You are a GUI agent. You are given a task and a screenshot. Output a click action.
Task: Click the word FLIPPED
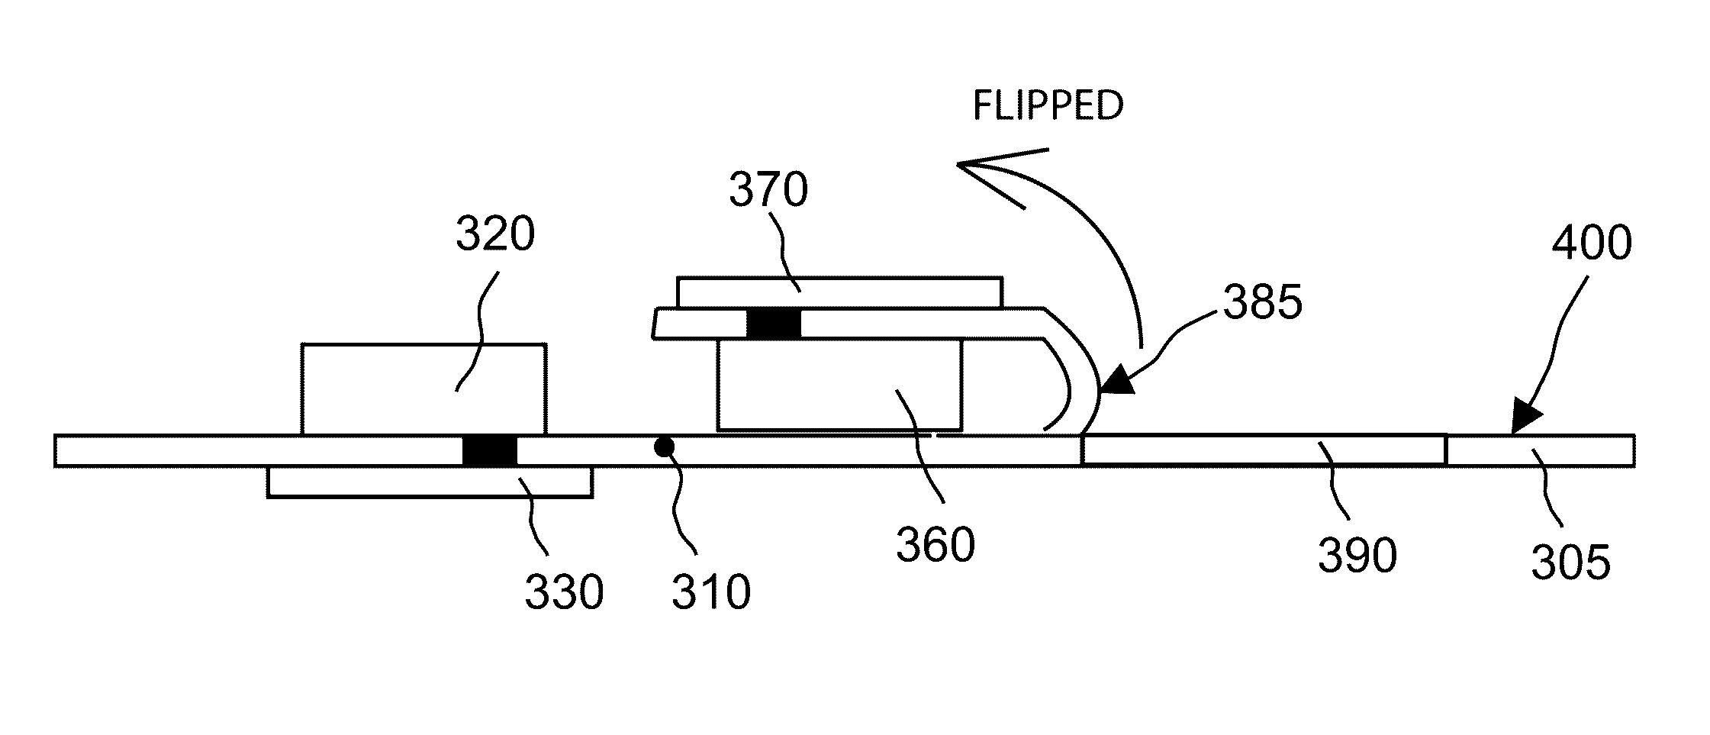1047,106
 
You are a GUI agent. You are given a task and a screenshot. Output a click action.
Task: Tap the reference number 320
495,234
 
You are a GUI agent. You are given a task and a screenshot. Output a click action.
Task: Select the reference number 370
768,190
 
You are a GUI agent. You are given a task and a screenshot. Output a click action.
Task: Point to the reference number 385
1263,304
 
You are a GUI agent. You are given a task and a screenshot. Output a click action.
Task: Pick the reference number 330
564,592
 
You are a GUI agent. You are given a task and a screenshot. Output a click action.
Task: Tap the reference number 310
711,592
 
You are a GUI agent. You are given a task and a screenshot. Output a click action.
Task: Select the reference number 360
936,546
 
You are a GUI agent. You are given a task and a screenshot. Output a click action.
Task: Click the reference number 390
1357,555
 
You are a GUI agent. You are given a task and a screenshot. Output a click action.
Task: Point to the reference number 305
1570,564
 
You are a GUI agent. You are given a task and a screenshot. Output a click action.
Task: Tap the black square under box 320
490,450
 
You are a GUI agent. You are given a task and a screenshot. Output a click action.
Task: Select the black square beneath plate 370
774,324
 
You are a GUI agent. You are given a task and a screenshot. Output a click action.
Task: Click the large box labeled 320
423,389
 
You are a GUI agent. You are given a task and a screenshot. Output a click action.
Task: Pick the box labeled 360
839,385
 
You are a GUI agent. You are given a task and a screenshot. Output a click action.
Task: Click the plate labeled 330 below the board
429,482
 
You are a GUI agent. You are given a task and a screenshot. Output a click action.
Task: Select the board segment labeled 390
1263,450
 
